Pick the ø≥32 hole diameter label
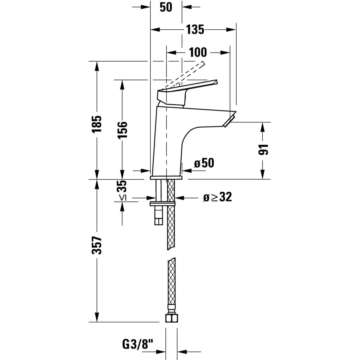[x=217, y=197]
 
